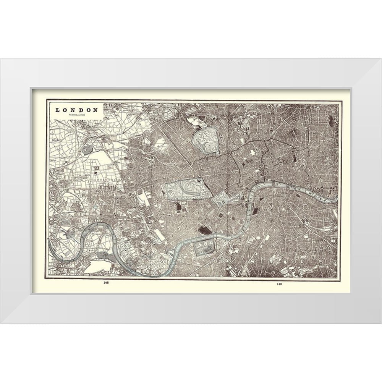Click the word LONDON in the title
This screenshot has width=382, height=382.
pos(76,110)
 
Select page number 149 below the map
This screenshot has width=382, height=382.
pos(280,283)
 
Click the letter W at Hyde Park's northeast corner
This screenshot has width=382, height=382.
pos(199,180)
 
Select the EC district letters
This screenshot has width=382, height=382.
pos(285,162)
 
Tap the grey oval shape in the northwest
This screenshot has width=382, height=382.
pos(87,149)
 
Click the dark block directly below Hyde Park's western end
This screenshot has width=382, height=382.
pos(178,207)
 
